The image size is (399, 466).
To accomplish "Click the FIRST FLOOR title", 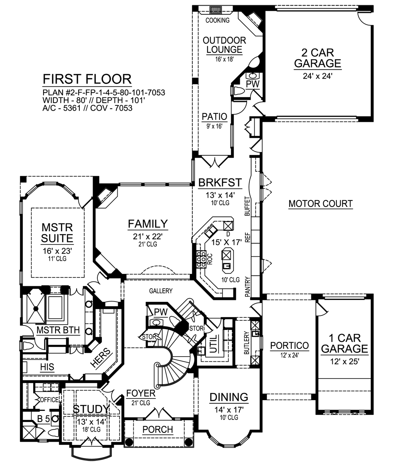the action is (x=87, y=79).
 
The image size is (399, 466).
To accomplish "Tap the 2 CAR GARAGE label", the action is (x=318, y=58).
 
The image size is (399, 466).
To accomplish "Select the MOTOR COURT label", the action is (x=321, y=204).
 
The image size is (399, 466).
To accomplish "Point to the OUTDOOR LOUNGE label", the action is (x=224, y=45).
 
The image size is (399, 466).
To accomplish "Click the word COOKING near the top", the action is (x=217, y=20).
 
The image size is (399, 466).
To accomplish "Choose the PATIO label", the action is (x=214, y=117).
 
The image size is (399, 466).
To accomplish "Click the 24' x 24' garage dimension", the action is (x=317, y=76).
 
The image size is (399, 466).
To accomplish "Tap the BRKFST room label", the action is (x=220, y=182).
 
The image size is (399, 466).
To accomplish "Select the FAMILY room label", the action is (x=148, y=224).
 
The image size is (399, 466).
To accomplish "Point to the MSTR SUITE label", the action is (x=57, y=233).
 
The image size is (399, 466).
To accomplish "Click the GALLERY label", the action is (x=161, y=291).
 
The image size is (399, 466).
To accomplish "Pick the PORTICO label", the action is (x=289, y=346).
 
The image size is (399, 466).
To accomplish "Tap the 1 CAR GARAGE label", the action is (x=345, y=343).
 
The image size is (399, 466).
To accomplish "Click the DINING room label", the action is (x=229, y=397).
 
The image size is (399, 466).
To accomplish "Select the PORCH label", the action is (x=158, y=429).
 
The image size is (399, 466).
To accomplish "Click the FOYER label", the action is (x=141, y=393).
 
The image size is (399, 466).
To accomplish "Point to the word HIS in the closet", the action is (x=47, y=367).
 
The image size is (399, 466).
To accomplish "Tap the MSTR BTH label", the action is (x=58, y=330).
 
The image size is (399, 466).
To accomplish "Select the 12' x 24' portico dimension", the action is (x=289, y=355).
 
